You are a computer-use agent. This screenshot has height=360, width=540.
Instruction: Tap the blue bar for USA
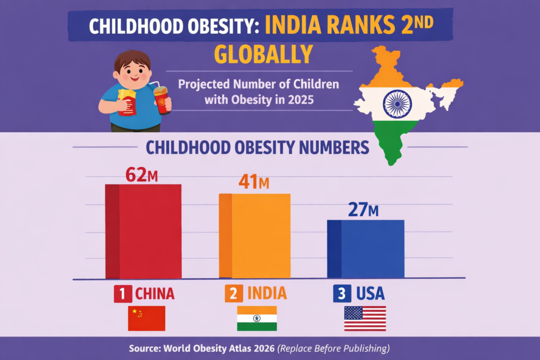click(x=366, y=248)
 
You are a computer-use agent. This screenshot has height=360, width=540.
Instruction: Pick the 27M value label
click(x=363, y=209)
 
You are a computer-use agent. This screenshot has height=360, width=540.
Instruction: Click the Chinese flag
click(x=146, y=318)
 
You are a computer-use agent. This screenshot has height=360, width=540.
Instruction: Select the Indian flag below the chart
click(x=257, y=318)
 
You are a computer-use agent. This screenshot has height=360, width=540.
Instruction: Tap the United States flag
click(x=365, y=318)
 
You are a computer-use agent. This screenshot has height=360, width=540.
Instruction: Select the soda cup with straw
click(x=162, y=99)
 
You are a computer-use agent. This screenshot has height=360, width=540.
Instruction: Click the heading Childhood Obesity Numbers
click(x=257, y=147)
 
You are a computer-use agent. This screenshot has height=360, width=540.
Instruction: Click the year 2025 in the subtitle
click(x=298, y=99)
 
